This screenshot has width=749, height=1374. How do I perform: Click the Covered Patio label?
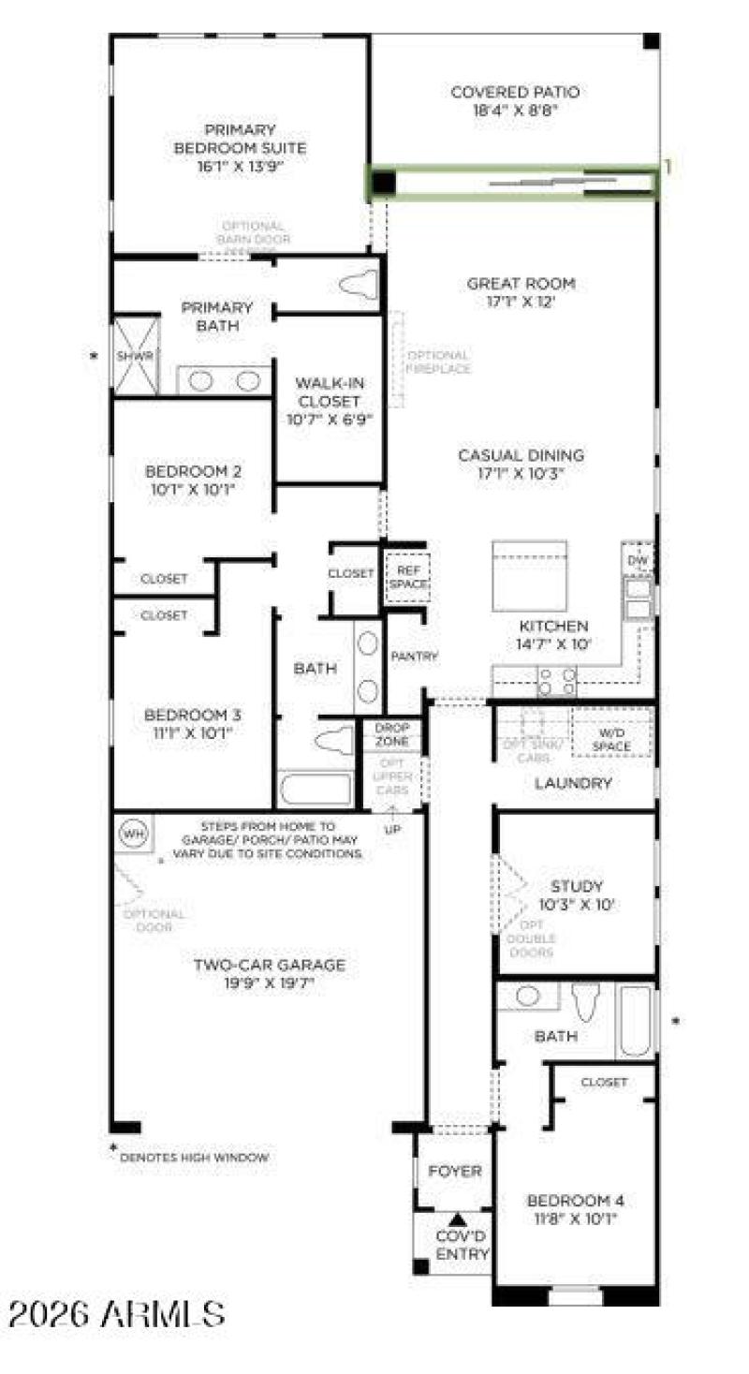pos(514,92)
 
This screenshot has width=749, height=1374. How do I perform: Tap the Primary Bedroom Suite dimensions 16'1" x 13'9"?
pos(240,167)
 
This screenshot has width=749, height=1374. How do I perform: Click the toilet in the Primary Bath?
pos(360,285)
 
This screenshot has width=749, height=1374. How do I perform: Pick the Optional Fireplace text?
pos(438,362)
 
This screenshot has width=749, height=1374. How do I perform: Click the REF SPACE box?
pos(406,576)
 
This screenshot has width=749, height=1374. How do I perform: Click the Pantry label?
pos(414,657)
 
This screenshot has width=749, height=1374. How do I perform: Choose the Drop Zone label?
pos(392,734)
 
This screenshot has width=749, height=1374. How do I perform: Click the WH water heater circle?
pos(134,833)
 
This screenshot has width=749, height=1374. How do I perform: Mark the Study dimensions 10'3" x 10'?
pos(577,906)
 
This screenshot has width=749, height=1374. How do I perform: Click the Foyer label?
pos(455,1171)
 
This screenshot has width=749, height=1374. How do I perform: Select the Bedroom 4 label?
pos(575,1202)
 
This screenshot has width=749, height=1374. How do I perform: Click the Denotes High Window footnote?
pos(194,1157)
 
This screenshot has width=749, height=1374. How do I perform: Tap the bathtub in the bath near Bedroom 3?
pos(317,790)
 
